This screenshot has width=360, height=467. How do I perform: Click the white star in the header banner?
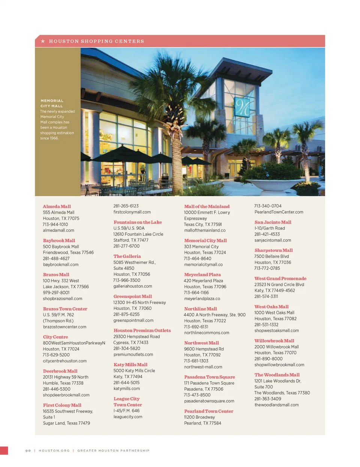pyautogui.click(x=43, y=41)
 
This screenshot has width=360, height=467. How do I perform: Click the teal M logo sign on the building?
pyautogui.click(x=242, y=107)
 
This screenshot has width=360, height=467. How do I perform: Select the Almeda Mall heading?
pyautogui.click(x=57, y=206)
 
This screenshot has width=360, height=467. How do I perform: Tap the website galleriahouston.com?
pyautogui.click(x=133, y=286)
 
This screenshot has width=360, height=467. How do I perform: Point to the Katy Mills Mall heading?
pyautogui.click(x=130, y=365)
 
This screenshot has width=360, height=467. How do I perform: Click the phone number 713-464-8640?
pyautogui.click(x=198, y=258)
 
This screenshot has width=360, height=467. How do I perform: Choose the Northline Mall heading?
pyautogui.click(x=200, y=309)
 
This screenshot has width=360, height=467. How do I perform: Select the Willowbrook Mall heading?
pyautogui.click(x=274, y=341)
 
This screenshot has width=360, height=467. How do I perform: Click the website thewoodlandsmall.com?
pyautogui.click(x=276, y=405)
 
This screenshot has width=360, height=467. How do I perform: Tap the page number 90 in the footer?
pyautogui.click(x=28, y=450)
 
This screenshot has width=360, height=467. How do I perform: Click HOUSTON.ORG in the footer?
pyautogui.click(x=54, y=450)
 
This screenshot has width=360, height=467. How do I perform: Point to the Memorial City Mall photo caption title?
pyautogui.click(x=52, y=103)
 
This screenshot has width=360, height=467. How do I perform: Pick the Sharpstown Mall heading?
pyautogui.click(x=273, y=250)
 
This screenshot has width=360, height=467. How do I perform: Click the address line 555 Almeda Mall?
pyautogui.click(x=58, y=212)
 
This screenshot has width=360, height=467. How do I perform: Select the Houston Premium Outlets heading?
pyautogui.click(x=142, y=330)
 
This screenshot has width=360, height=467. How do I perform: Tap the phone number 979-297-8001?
pyautogui.click(x=56, y=293)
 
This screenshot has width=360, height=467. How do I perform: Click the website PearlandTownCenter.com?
pyautogui.click(x=279, y=212)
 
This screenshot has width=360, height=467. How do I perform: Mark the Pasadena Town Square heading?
pyautogui.click(x=209, y=377)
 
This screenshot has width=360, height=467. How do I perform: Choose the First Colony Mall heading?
pyautogui.click(x=62, y=405)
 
